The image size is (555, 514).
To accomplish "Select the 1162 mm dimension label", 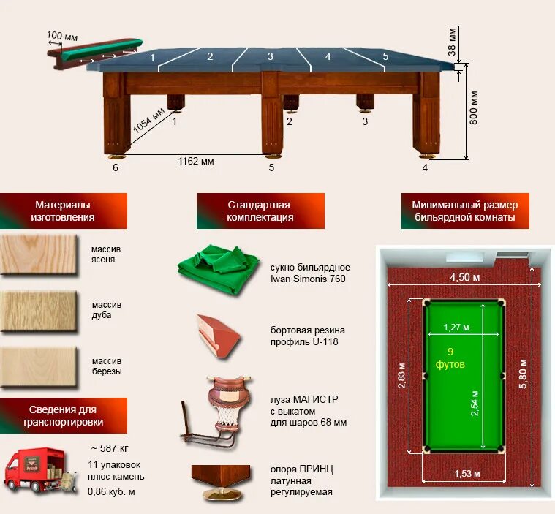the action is pyautogui.click(x=196, y=161).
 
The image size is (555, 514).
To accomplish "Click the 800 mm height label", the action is pyautogui.click(x=474, y=107).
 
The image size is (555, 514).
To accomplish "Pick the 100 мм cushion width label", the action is pyautogui.click(x=62, y=34).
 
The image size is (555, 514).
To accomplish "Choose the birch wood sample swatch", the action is pyautogui.click(x=37, y=366).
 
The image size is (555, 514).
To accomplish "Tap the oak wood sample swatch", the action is pyautogui.click(x=37, y=310).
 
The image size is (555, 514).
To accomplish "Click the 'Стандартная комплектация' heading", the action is pyautogui.click(x=260, y=211).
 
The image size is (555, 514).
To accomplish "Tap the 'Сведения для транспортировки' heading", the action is pyautogui.click(x=63, y=416).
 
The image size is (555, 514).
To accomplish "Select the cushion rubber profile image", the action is pyautogui.click(x=219, y=335).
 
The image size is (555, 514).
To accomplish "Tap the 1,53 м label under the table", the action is pyautogui.click(x=467, y=475).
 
